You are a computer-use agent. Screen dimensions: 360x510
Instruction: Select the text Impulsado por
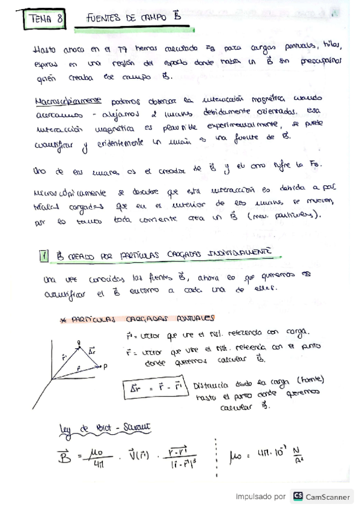[x=260, y=497]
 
